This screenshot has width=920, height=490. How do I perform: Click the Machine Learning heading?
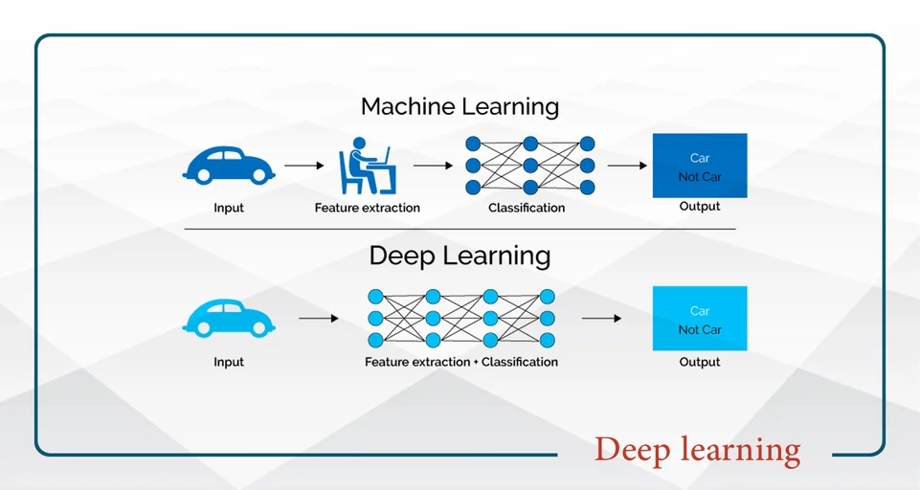coord(460,106)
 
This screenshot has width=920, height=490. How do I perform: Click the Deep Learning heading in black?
coord(460,256)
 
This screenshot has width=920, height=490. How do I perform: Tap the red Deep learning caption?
coord(697,449)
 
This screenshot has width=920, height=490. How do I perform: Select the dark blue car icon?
coord(228,165)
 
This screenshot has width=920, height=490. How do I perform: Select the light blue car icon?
coord(228,317)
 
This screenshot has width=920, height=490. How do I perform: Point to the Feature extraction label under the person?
coord(367,208)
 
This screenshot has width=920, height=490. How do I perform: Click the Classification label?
coord(527,208)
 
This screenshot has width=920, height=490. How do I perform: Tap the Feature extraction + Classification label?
coord(461,362)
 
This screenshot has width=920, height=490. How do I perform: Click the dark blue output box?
coord(700,166)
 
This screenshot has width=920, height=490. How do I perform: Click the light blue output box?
coord(700,318)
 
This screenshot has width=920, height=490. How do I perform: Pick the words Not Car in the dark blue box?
coord(700,177)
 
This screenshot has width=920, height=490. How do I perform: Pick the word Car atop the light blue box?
coord(700,311)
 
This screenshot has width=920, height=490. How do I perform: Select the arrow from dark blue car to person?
coord(304,166)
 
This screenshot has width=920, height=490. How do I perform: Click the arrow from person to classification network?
coord(433,166)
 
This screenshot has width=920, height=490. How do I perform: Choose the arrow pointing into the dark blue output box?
coord(627,166)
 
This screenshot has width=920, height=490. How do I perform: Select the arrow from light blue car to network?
coord(318,318)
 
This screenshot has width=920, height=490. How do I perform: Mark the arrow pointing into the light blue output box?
coord(601,318)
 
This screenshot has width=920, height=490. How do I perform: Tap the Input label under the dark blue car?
coord(229,208)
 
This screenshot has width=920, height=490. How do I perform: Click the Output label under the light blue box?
coord(700,362)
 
